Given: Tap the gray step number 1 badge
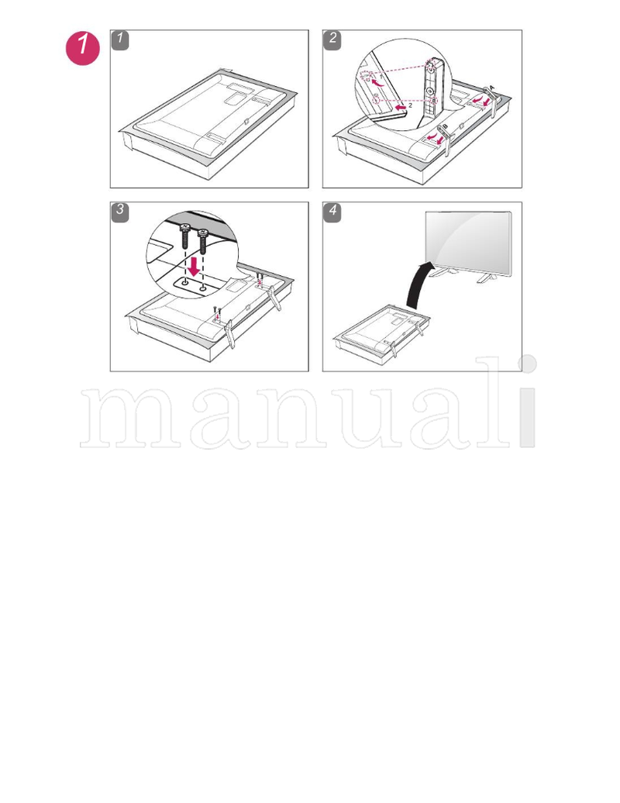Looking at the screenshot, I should point(120,40).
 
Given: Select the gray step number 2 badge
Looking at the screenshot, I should point(332,40).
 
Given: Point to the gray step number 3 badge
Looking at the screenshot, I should point(120,212).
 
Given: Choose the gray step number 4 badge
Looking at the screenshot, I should point(332,212).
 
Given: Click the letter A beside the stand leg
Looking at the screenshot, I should point(493,88).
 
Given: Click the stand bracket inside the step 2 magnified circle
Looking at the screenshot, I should point(429,85).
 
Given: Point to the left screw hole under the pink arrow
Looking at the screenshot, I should point(187,283).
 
